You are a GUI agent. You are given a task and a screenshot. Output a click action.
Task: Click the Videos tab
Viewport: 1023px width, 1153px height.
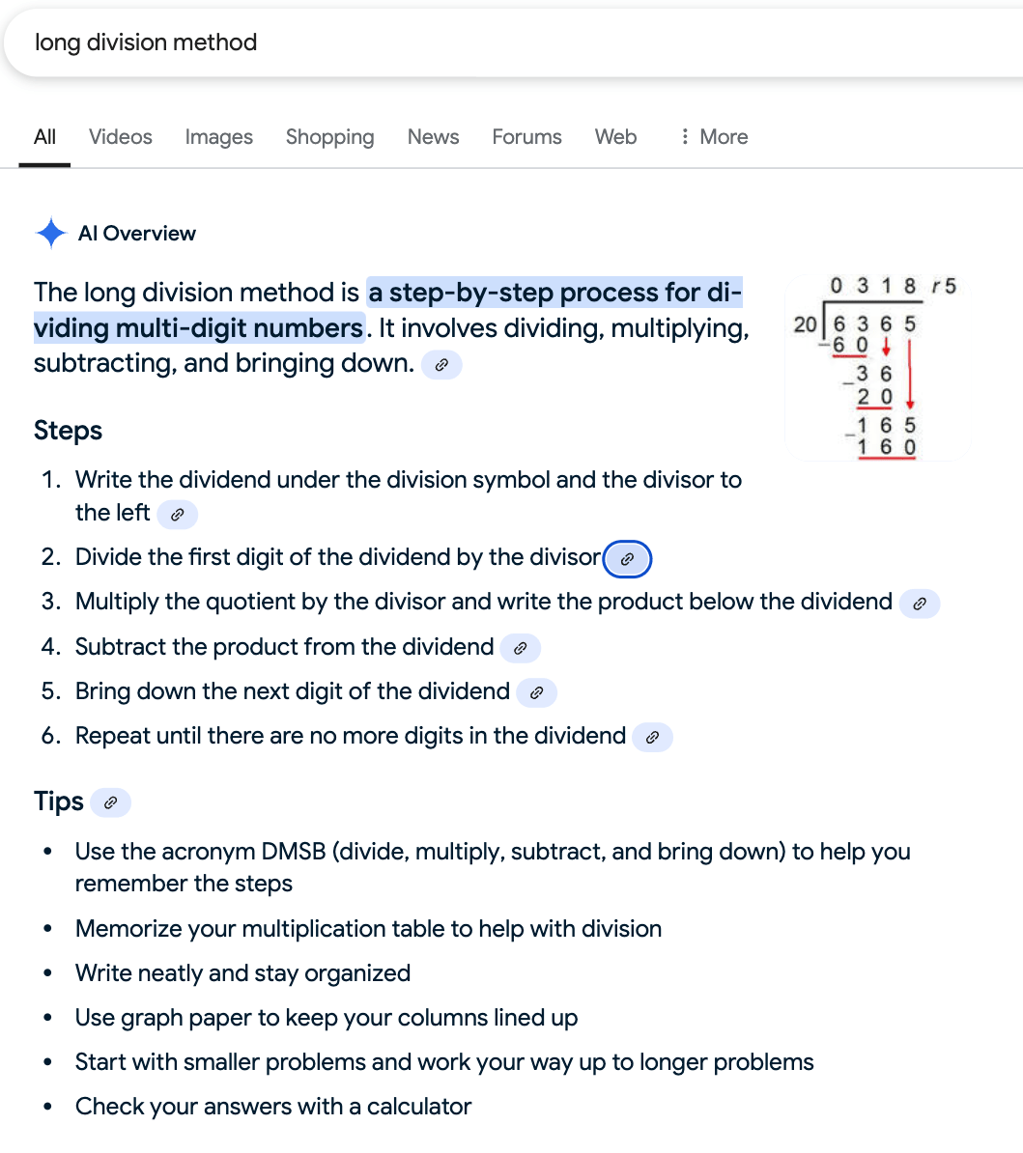tap(120, 137)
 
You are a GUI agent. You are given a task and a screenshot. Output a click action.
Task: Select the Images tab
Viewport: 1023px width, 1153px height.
tap(218, 137)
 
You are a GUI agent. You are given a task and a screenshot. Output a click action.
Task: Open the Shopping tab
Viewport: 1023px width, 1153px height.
tap(329, 137)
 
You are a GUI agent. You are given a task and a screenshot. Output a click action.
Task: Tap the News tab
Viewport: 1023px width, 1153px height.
tap(433, 137)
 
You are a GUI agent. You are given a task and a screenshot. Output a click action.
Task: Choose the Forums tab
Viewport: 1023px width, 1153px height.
tap(526, 137)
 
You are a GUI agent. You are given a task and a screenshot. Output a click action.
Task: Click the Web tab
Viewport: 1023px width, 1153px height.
tap(615, 137)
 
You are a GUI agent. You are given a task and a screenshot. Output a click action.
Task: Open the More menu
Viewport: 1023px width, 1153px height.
tap(714, 137)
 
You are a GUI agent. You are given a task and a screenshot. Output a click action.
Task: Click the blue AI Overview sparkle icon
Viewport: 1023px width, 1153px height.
tap(50, 234)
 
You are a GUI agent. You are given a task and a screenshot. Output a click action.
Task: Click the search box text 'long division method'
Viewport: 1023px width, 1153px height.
tap(146, 42)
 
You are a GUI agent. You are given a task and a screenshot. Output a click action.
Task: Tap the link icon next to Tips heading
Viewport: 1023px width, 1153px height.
tap(110, 802)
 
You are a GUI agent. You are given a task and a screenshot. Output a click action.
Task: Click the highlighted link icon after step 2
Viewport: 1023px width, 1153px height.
tap(627, 559)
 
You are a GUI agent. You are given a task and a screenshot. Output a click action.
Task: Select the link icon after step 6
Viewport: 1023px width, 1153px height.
tap(652, 738)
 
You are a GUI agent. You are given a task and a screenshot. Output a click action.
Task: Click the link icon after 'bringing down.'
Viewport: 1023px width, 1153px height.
tap(441, 365)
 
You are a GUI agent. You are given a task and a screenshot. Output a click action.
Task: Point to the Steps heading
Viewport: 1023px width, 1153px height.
tap(68, 431)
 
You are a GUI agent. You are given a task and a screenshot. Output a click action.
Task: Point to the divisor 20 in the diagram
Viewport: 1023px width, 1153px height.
tap(805, 324)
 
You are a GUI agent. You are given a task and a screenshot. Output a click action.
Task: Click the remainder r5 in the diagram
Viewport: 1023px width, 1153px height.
tap(943, 286)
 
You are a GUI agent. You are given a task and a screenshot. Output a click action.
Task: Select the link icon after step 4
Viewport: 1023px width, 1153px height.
tap(520, 648)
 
